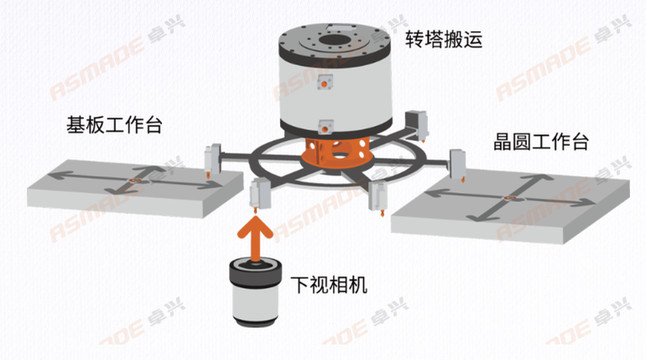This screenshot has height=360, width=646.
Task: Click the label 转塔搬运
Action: (x=443, y=40)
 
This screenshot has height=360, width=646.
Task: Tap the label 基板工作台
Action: (x=115, y=125)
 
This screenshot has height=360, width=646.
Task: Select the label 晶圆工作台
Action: (x=541, y=142)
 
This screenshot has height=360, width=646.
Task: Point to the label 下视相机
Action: (x=329, y=284)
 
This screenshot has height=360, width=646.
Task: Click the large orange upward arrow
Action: (x=255, y=238)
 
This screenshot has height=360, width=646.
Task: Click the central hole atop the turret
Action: (x=335, y=41)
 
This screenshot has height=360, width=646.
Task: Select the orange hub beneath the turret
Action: (x=334, y=152)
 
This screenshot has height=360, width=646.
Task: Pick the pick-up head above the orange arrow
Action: (x=259, y=195)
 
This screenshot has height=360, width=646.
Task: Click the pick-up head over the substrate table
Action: (x=213, y=160)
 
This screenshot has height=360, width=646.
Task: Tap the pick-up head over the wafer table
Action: (x=458, y=165)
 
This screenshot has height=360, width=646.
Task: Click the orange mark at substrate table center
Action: (x=133, y=180)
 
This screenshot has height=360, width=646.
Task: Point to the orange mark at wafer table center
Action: (x=511, y=198)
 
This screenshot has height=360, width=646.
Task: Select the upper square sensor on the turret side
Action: (x=324, y=83)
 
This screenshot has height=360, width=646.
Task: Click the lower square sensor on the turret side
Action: (x=325, y=128)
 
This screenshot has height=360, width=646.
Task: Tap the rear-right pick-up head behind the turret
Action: (x=416, y=124)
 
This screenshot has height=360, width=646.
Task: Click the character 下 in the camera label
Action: (x=300, y=284)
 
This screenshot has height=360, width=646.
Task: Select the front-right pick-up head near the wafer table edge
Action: (x=378, y=198)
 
